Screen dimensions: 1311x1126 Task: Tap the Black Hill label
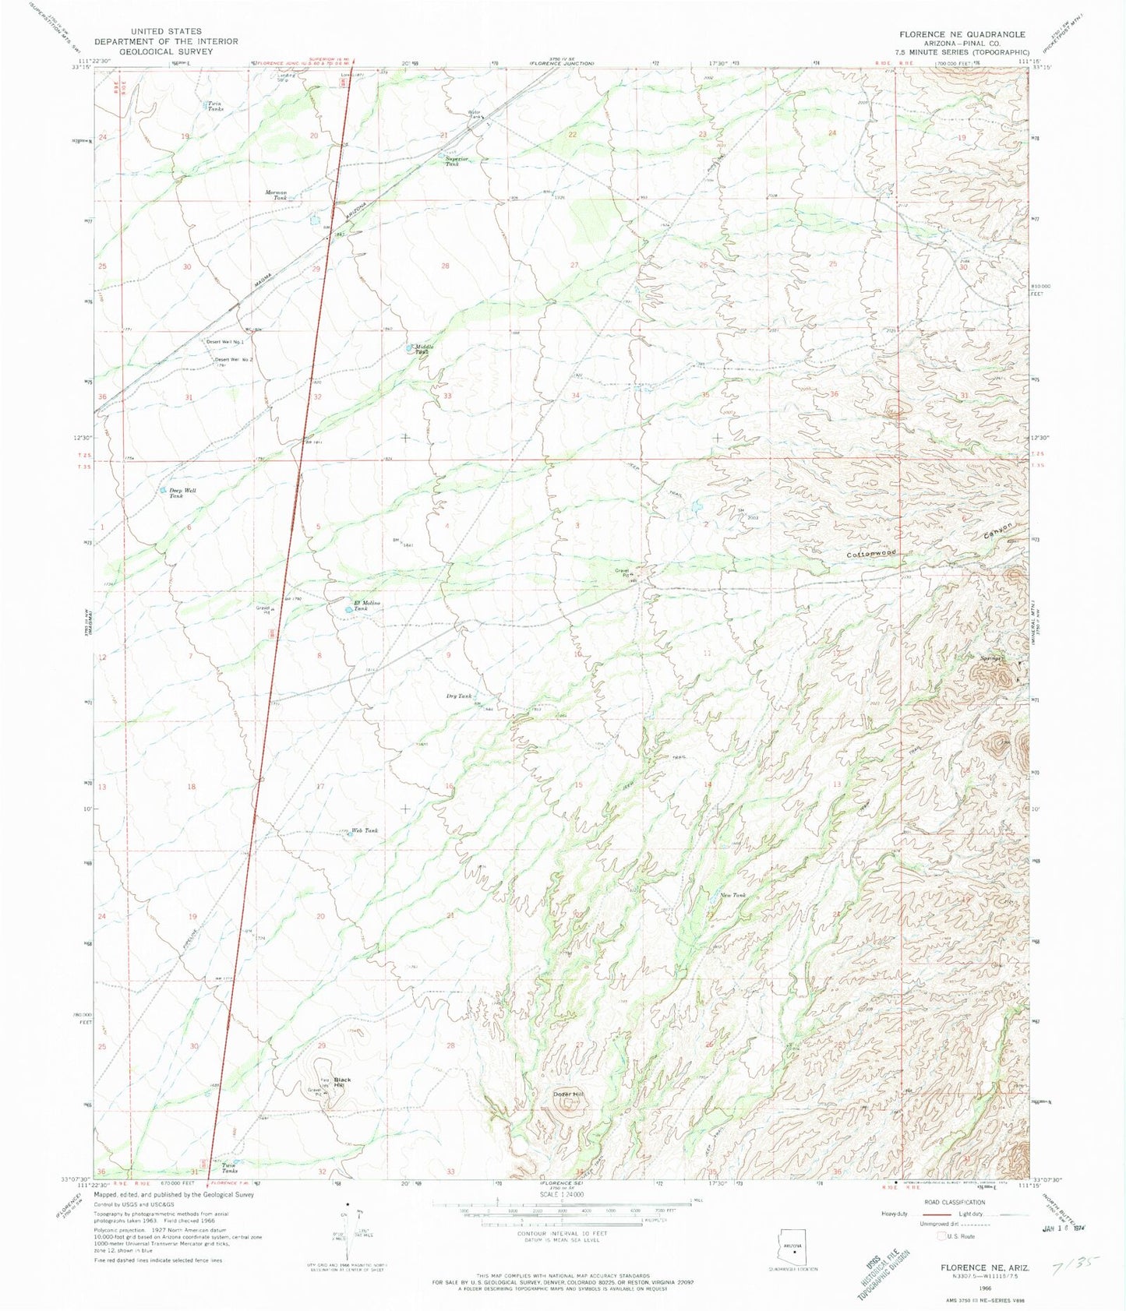pos(342,1083)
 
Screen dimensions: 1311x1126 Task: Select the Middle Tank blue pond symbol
pos(410,348)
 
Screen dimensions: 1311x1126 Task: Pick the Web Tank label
pos(365,831)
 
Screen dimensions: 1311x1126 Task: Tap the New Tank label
pos(732,896)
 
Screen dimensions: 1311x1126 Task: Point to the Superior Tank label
pos(457,161)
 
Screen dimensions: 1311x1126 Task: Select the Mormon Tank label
pos(276,195)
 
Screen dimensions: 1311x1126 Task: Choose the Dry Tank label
pos(459,696)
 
